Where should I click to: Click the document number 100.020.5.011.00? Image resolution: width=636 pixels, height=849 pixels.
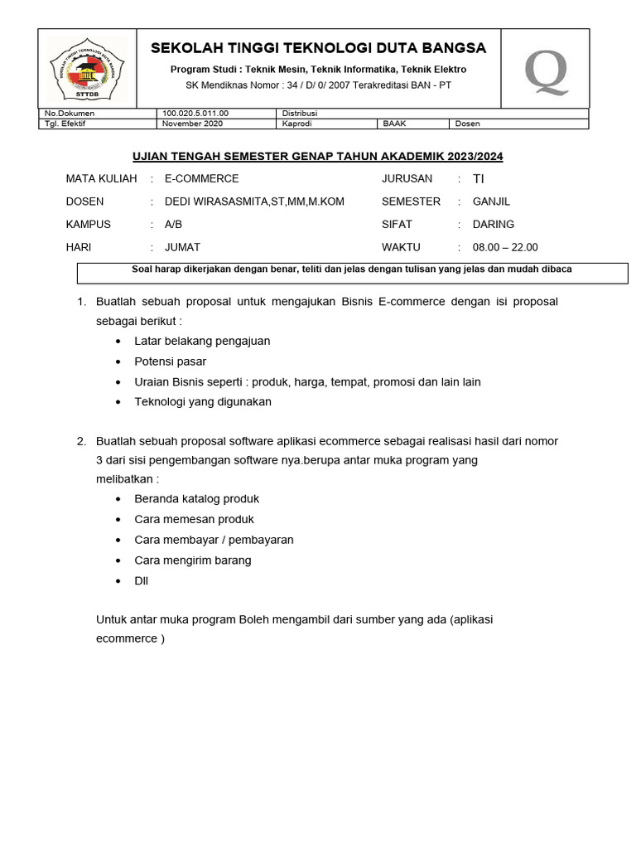click(x=195, y=114)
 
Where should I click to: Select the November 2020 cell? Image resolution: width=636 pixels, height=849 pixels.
click(x=193, y=124)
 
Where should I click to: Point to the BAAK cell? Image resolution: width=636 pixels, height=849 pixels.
click(x=394, y=124)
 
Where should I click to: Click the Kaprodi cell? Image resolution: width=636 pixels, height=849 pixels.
click(x=296, y=124)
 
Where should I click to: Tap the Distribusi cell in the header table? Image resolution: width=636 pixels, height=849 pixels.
click(x=300, y=114)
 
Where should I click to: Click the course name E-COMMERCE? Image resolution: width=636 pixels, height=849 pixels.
click(x=201, y=178)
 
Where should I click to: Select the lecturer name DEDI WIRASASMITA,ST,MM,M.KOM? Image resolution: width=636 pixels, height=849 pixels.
click(x=254, y=201)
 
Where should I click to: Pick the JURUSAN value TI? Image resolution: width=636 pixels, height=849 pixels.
click(x=479, y=178)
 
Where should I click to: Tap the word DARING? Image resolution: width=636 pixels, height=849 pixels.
click(x=493, y=224)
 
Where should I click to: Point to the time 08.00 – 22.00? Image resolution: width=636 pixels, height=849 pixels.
click(x=505, y=247)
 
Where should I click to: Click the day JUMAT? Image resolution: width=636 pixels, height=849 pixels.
click(x=182, y=247)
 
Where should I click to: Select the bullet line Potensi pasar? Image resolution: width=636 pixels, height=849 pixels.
click(x=170, y=361)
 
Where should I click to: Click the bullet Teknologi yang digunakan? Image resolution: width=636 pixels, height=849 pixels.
click(x=202, y=401)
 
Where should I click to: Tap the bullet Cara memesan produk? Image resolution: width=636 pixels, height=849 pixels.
click(x=194, y=519)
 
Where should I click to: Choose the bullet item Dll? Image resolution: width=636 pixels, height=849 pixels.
click(x=141, y=580)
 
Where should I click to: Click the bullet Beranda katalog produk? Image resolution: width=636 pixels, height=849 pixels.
click(x=196, y=498)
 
